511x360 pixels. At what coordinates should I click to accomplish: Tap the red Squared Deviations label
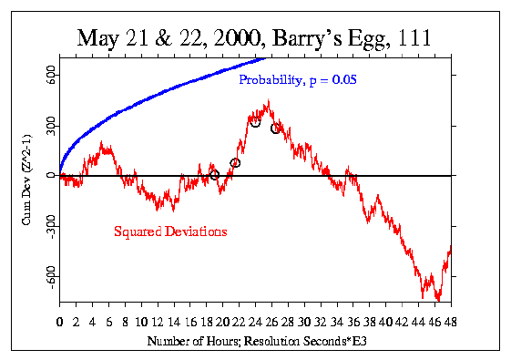click(170, 231)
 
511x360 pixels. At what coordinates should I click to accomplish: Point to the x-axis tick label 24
click(255, 322)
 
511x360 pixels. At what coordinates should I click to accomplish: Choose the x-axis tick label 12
click(158, 322)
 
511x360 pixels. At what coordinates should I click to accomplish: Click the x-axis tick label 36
click(353, 322)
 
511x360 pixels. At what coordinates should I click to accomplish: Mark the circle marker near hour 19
click(214, 174)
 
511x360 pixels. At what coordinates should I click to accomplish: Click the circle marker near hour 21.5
click(235, 163)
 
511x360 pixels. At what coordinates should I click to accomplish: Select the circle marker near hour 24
click(255, 122)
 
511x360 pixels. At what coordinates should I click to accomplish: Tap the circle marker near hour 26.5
click(275, 129)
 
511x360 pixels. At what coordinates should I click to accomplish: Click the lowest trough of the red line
click(438, 298)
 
